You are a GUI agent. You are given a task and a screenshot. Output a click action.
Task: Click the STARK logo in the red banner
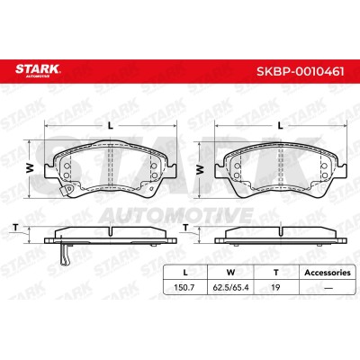click(x=38, y=71)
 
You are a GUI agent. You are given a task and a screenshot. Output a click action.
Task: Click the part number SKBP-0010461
click(x=301, y=71)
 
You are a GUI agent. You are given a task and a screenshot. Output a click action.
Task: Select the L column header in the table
click(x=185, y=273)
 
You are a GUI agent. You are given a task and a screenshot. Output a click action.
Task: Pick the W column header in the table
click(x=230, y=273)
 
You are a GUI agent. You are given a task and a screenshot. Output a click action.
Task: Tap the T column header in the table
click(x=276, y=273)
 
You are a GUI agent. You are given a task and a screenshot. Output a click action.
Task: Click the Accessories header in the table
click(x=328, y=273)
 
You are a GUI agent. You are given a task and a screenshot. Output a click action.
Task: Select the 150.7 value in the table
click(x=184, y=287)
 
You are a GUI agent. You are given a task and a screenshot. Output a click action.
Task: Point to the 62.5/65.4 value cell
click(x=230, y=287)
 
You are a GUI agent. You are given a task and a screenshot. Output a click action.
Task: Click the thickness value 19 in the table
click(x=275, y=287)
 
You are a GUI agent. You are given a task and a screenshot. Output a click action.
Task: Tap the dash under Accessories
click(x=328, y=288)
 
